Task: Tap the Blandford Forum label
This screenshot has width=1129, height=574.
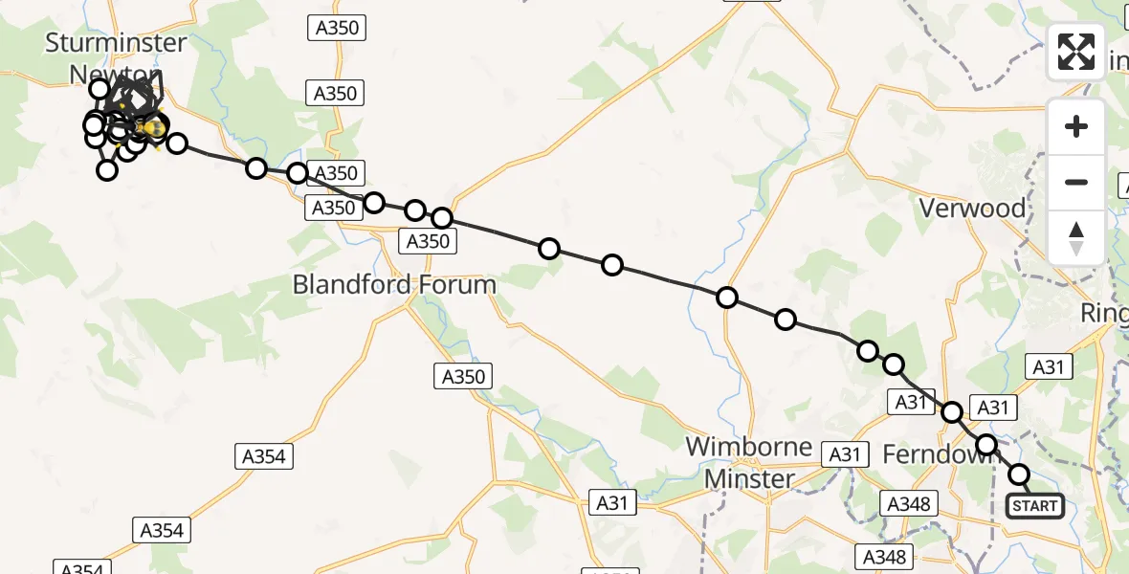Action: click(394, 284)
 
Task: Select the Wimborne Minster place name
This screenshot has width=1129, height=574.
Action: click(749, 463)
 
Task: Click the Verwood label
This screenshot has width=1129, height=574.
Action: click(971, 209)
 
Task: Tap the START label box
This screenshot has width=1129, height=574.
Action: click(1035, 506)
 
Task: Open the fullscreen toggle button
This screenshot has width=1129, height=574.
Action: click(1076, 52)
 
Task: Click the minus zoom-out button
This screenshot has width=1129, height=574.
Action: click(1076, 182)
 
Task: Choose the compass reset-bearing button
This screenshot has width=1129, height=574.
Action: click(1076, 237)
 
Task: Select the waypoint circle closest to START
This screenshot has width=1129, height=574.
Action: click(1019, 475)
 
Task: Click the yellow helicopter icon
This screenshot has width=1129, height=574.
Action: click(150, 126)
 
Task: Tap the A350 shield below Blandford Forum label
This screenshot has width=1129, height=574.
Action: click(465, 377)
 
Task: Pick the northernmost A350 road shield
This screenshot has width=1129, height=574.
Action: click(339, 28)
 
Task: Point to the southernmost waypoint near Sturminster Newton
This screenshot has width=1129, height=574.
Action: click(107, 170)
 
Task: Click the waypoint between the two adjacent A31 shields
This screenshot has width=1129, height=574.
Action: click(952, 412)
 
